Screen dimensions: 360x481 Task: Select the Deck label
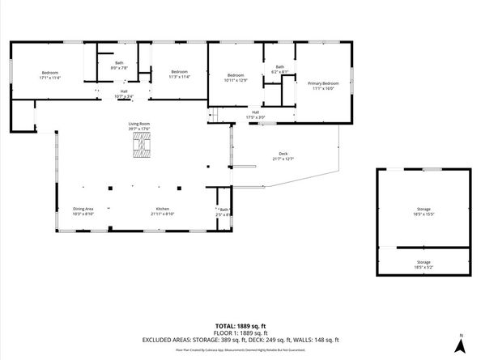pyautogui.click(x=282, y=155)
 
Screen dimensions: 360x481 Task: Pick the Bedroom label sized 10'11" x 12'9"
pyautogui.click(x=236, y=78)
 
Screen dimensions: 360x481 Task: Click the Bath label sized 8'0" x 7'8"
pyautogui.click(x=119, y=65)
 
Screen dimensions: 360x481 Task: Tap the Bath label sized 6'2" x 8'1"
pyautogui.click(x=280, y=70)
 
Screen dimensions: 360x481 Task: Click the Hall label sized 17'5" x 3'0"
pyautogui.click(x=255, y=115)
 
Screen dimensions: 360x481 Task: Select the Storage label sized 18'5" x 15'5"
pyautogui.click(x=424, y=212)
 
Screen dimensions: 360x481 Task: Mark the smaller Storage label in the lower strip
pyautogui.click(x=424, y=264)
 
